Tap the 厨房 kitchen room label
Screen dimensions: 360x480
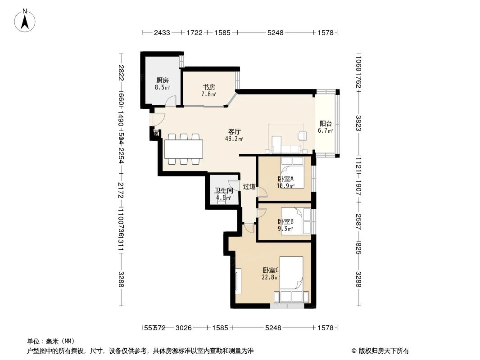click(162, 80)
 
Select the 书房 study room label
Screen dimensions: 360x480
click(208, 87)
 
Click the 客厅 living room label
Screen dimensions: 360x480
click(234, 131)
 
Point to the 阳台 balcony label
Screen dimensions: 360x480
click(326, 124)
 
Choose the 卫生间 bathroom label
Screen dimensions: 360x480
click(223, 191)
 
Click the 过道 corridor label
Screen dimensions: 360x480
click(249, 186)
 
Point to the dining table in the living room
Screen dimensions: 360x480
click(183, 149)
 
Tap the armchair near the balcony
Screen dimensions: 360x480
click(301, 136)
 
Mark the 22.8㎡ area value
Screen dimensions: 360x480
click(271, 278)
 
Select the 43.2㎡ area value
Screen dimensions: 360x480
click(234, 139)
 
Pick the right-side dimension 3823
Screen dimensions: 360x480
click(358, 123)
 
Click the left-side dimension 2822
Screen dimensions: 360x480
click(121, 73)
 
